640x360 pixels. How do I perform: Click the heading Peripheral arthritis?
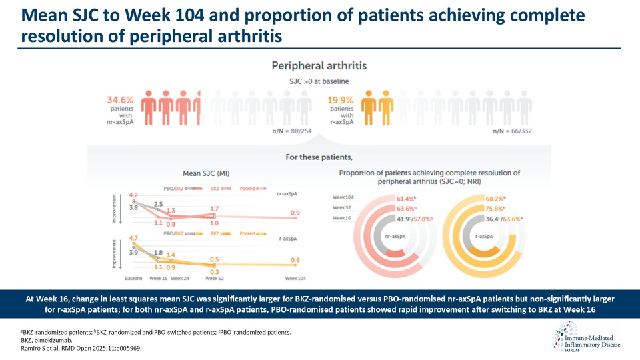click(x=319, y=66)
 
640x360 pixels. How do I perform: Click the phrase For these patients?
click(x=319, y=158)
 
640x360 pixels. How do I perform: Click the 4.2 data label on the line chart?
click(x=133, y=194)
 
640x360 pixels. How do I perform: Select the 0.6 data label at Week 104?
click(x=295, y=261)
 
